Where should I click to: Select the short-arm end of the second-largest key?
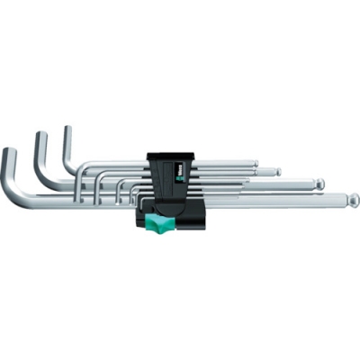(40, 138)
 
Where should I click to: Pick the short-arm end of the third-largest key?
(67, 131)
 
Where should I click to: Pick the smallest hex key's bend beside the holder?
(134, 192)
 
